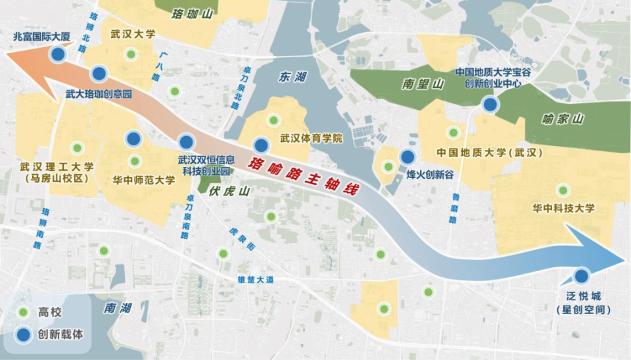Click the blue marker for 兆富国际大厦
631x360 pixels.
58,54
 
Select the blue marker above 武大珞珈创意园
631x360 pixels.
99,73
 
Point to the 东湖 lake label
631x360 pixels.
292,77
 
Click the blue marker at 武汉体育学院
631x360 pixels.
261,145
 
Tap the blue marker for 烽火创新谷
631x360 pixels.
408,156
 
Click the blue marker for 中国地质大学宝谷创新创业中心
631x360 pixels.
489,104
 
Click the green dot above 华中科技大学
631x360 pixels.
563,191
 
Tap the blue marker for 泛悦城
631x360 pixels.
581,276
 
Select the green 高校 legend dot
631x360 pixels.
24,311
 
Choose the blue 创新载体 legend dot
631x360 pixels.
24,334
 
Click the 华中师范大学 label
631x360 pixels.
143,179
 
